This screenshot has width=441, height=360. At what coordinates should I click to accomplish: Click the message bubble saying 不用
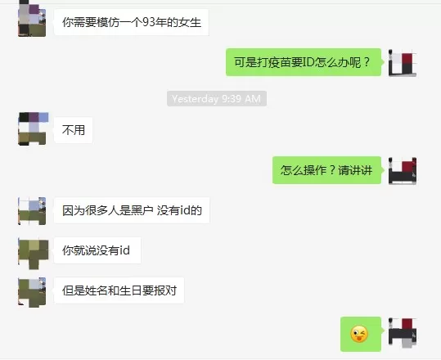tap(73, 130)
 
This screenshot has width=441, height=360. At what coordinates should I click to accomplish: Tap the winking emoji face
tap(359, 334)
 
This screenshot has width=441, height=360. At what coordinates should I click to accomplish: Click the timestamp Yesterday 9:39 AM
tap(217, 99)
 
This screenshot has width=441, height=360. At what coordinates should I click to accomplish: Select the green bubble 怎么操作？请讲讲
tap(326, 170)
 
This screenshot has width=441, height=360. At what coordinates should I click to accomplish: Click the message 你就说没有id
tap(97, 250)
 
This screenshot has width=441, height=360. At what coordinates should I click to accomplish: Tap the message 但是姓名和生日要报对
tap(119, 290)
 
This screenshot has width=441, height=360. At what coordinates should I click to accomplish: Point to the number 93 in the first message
tap(149, 22)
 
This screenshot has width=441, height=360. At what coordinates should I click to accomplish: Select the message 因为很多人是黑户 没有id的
tap(132, 210)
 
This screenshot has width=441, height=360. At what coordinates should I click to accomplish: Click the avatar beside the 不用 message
tap(33, 129)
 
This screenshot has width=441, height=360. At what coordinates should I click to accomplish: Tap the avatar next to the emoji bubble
tap(403, 333)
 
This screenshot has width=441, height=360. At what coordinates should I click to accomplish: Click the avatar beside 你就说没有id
tap(33, 253)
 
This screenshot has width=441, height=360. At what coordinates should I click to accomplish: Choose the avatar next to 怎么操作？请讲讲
tap(403, 171)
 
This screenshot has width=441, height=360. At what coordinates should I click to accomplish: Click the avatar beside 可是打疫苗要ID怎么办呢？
tap(403, 63)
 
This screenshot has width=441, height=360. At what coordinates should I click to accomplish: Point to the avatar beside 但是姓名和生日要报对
tap(32, 292)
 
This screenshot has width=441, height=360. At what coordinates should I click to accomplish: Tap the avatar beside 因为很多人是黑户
tap(32, 211)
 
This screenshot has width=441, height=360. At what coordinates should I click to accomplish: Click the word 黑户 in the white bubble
tap(142, 210)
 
